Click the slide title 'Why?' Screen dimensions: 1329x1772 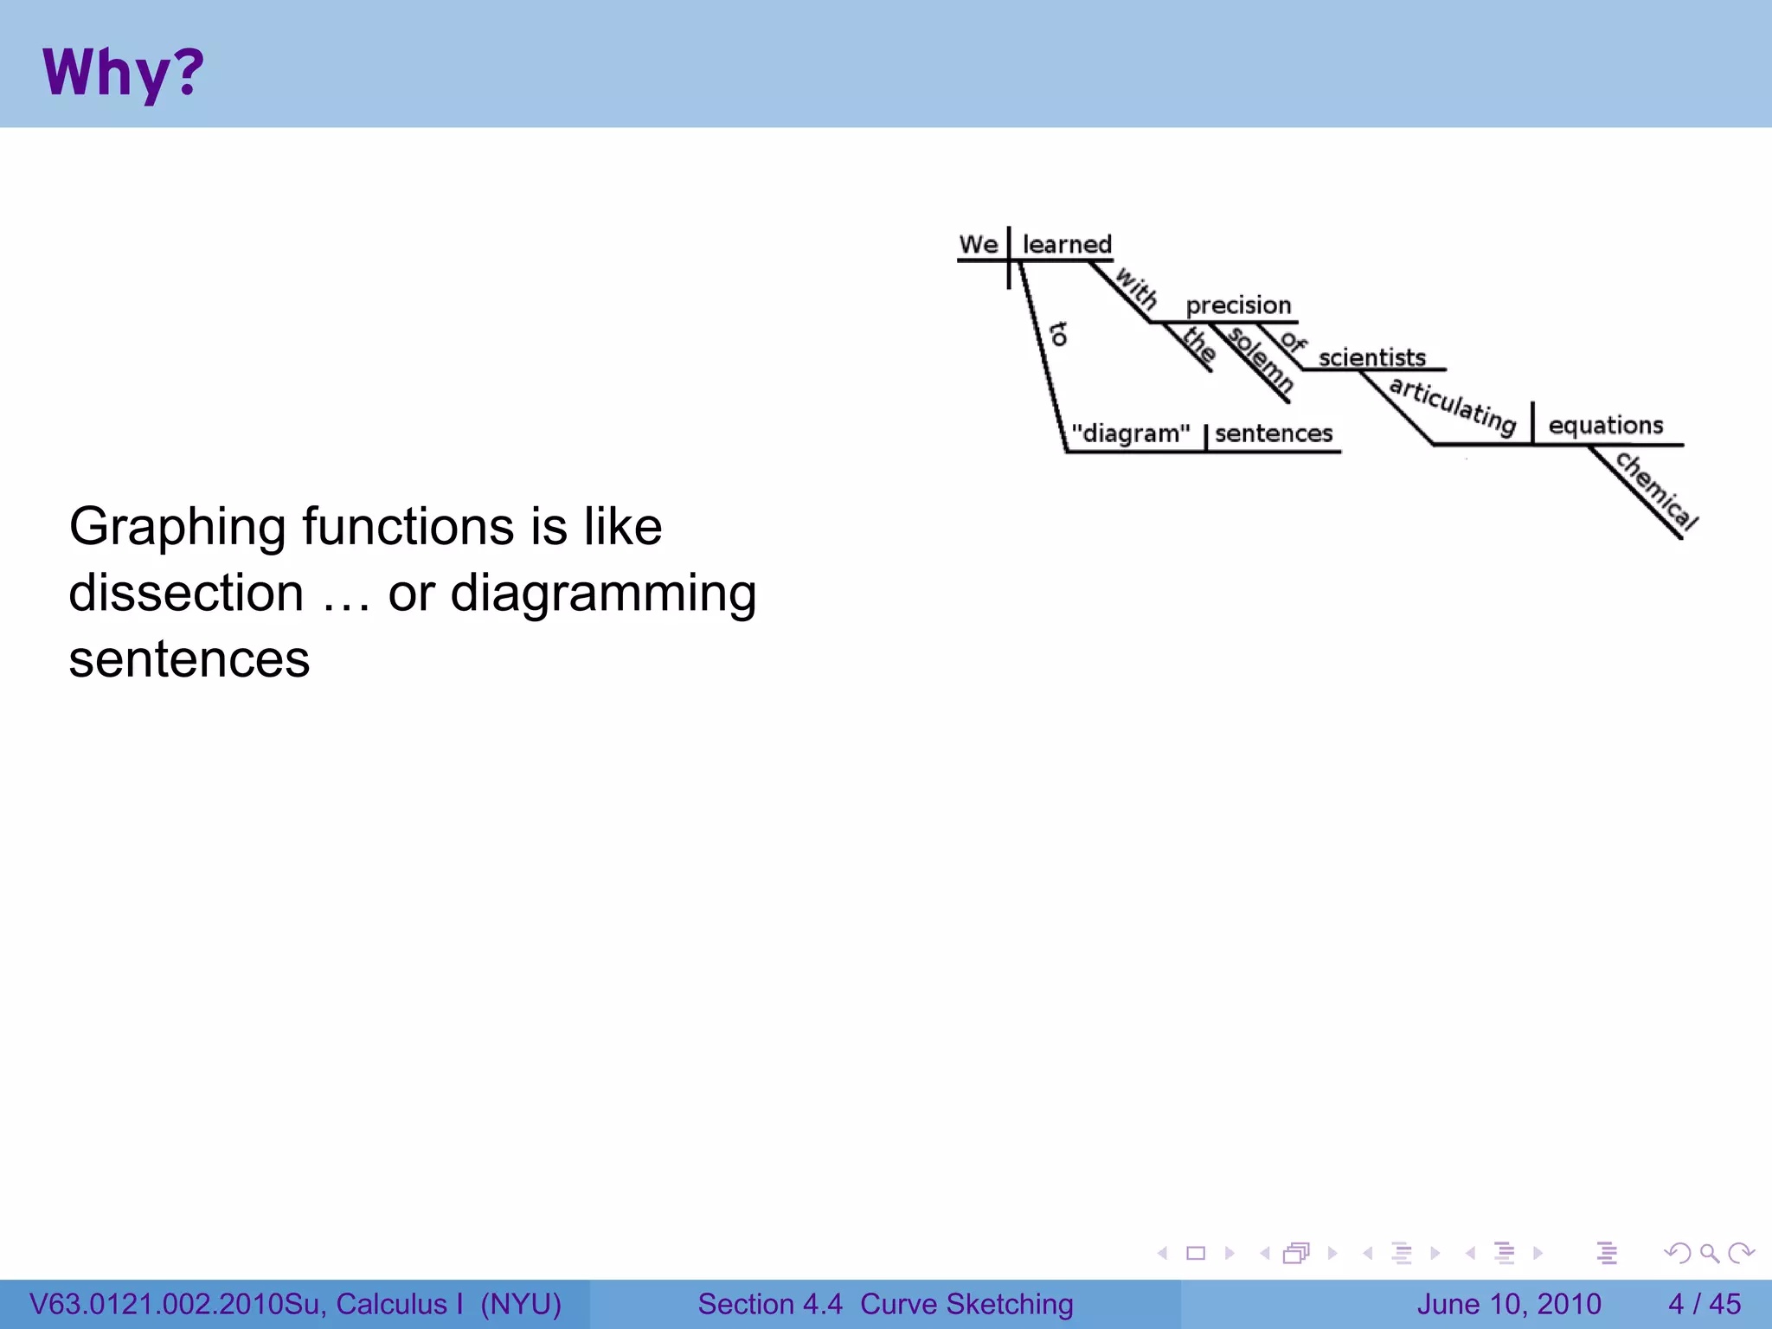[x=123, y=73]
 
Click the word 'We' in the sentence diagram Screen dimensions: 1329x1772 [x=979, y=245]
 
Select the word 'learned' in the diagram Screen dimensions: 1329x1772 [x=1067, y=245]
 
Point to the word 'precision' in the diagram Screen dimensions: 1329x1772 [x=1238, y=305]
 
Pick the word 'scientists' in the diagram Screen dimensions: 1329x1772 [x=1371, y=357]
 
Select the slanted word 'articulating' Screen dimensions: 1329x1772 [x=1453, y=406]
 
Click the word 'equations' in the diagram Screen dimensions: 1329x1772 [x=1605, y=426]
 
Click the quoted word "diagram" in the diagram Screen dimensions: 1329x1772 [x=1130, y=433]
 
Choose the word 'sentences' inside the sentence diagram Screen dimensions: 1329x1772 [x=1274, y=433]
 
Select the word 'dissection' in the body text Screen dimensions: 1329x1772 [x=186, y=594]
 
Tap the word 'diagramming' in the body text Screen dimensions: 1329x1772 [x=603, y=594]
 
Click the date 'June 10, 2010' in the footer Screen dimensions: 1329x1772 [x=1508, y=1304]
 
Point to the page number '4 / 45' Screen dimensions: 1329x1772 [x=1704, y=1304]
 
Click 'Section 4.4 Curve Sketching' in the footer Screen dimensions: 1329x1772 [x=885, y=1304]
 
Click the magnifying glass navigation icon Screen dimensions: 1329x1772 [x=1709, y=1253]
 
